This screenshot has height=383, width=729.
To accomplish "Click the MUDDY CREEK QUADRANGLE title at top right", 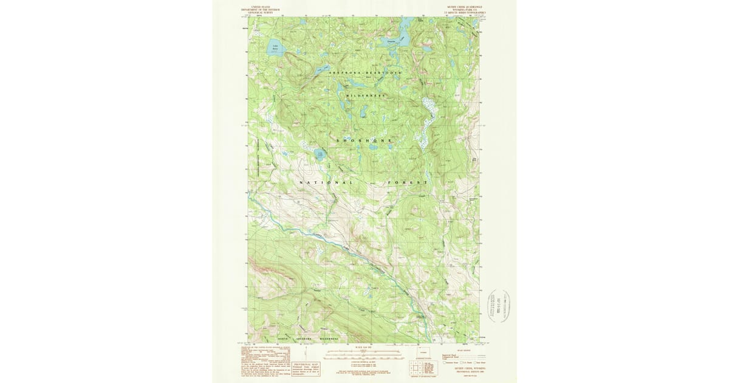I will (x=465, y=6).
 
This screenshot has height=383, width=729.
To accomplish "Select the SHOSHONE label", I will (x=364, y=140).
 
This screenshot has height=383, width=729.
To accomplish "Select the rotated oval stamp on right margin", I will (x=498, y=305).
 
